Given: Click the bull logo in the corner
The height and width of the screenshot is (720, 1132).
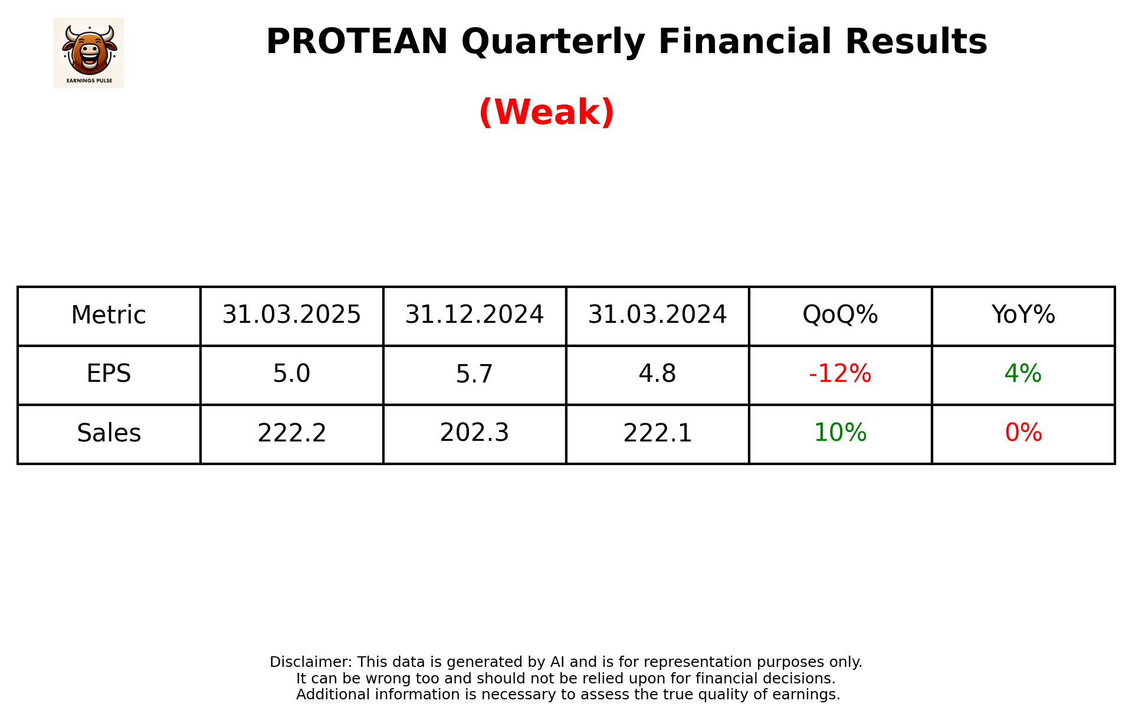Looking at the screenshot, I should (88, 53).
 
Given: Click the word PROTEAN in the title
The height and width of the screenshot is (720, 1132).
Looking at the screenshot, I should (357, 42).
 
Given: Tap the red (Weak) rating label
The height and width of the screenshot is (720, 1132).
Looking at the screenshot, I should (547, 112).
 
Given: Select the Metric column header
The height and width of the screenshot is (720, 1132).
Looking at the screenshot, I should (109, 315).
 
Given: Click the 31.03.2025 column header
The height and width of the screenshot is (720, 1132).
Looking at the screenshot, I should (291, 315).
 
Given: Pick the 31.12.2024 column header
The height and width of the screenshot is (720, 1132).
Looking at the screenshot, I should (474, 315).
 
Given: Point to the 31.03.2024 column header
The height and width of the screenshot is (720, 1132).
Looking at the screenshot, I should (657, 315).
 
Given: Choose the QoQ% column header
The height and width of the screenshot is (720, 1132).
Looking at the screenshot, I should (840, 315).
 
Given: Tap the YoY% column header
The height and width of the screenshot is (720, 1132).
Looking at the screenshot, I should (1023, 315).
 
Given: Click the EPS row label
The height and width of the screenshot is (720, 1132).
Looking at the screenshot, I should (109, 374).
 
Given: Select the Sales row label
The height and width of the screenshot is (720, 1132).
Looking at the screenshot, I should (109, 433).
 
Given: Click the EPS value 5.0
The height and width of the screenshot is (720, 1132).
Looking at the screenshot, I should (291, 374).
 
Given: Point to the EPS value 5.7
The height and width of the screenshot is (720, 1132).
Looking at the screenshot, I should (474, 374).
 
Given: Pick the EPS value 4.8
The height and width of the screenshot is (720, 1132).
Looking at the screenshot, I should (657, 374).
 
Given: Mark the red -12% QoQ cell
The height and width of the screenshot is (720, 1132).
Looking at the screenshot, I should (840, 374).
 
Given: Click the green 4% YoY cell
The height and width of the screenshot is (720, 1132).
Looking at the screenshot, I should (1023, 374).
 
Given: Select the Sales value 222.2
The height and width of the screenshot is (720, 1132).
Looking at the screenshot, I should (291, 433).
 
